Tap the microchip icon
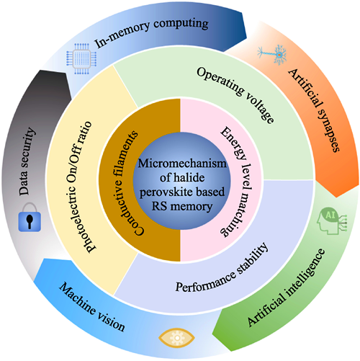pos(81,58)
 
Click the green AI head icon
pos(331,220)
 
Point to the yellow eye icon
pos(177,338)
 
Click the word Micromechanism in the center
pos(182,164)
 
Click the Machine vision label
pos(91,308)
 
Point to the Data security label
pos(27,161)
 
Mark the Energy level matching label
pos(237,181)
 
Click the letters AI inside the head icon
pos(330,215)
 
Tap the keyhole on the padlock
pos(30,221)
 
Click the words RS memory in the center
pos(182,207)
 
